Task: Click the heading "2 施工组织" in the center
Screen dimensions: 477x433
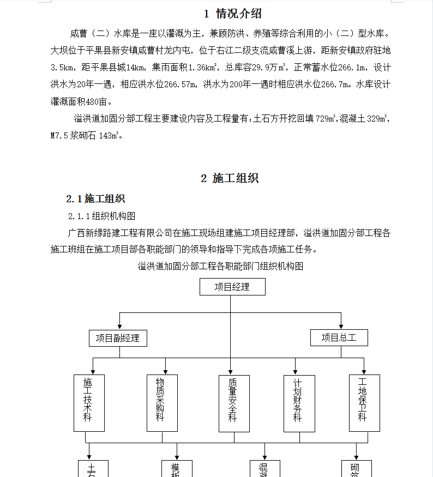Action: click(x=230, y=178)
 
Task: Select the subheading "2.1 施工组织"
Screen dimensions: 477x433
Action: click(x=95, y=199)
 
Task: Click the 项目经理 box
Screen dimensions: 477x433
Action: click(x=232, y=287)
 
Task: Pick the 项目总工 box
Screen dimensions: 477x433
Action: click(x=339, y=338)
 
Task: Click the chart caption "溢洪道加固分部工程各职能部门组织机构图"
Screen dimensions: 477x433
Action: click(x=220, y=266)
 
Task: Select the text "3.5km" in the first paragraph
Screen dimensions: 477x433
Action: click(x=62, y=68)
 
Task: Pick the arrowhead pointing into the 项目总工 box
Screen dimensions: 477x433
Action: click(x=341, y=327)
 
